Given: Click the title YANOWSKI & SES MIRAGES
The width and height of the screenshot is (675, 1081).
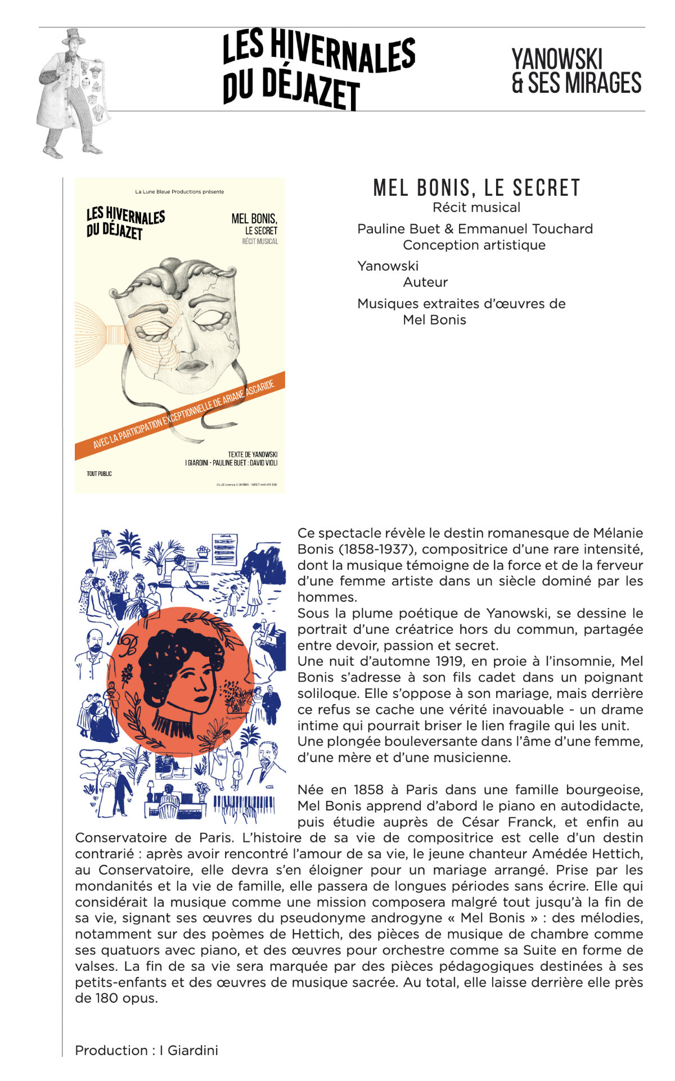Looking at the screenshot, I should pyautogui.click(x=576, y=71).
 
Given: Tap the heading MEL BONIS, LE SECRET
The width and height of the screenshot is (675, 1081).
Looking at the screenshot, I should pyautogui.click(x=476, y=188).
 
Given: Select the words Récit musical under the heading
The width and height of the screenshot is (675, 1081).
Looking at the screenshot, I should pyautogui.click(x=476, y=208).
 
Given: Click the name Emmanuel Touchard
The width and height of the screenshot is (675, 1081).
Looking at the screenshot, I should pyautogui.click(x=525, y=229).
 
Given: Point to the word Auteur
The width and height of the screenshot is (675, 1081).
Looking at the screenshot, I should pyautogui.click(x=425, y=282).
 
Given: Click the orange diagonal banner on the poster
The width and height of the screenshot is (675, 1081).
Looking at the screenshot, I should pyautogui.click(x=180, y=416).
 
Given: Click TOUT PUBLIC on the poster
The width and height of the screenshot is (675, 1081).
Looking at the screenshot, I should pyautogui.click(x=99, y=474).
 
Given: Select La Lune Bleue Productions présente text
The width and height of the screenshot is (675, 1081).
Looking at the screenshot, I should pyautogui.click(x=179, y=192).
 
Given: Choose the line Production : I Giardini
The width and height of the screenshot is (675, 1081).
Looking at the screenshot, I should pyautogui.click(x=146, y=1050).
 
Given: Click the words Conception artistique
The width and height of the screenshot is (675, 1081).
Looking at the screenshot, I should pyautogui.click(x=474, y=245).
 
